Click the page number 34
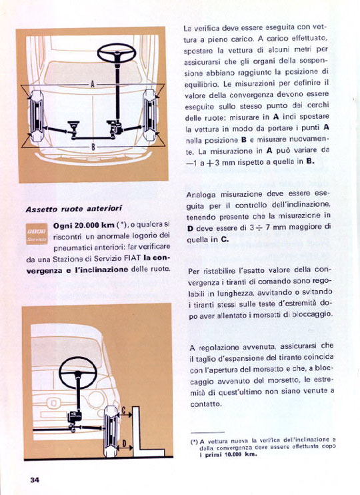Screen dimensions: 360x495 click(35, 480)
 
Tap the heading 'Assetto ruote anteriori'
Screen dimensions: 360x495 click(73, 209)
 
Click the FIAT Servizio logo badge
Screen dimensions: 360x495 click(37, 234)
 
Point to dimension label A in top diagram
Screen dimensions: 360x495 click(93, 84)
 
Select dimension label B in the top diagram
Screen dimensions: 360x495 click(93, 147)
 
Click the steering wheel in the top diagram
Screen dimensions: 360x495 click(117, 53)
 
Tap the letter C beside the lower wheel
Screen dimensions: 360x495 click(124, 410)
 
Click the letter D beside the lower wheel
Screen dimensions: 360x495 click(124, 444)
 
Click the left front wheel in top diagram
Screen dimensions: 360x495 click(37, 115)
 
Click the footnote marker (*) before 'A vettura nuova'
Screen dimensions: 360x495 click(194, 442)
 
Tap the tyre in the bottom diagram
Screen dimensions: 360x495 click(111, 432)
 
